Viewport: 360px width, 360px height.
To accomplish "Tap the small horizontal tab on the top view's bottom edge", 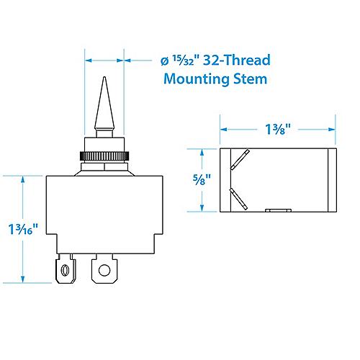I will tap(277, 211).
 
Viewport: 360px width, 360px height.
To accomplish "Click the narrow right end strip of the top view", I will tap(333, 180).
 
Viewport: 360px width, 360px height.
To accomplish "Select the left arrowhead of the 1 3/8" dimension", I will tap(222, 130).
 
